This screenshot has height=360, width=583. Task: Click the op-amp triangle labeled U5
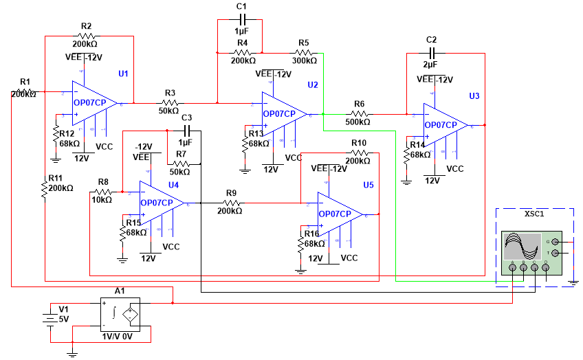[340, 214]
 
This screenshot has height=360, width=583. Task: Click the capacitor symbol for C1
[241, 20]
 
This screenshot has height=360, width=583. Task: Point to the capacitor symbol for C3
[186, 130]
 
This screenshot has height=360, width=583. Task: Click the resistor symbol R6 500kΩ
[359, 113]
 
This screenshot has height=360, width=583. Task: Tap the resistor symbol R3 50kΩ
[170, 102]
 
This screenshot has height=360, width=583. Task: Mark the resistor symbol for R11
[45, 188]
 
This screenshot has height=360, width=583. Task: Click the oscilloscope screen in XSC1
[522, 246]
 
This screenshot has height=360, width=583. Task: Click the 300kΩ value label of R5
[303, 61]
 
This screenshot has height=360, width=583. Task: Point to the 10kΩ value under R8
[102, 200]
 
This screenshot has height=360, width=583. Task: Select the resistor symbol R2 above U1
[87, 35]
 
